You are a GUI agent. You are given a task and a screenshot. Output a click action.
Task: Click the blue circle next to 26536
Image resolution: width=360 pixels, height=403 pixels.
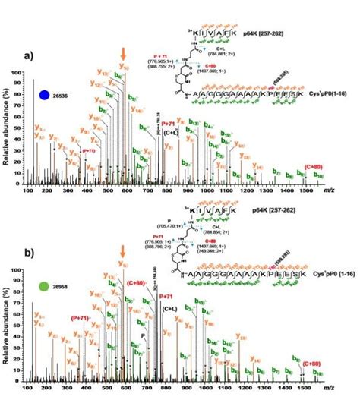pyautogui.click(x=45, y=96)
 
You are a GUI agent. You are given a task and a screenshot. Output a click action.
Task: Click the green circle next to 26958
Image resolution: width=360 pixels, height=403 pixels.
pyautogui.click(x=45, y=289)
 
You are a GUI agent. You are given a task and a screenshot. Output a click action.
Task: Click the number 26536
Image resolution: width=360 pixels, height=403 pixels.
pyautogui.click(x=65, y=96)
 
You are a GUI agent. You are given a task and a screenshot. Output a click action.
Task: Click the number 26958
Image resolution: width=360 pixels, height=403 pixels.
pyautogui.click(x=65, y=289)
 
